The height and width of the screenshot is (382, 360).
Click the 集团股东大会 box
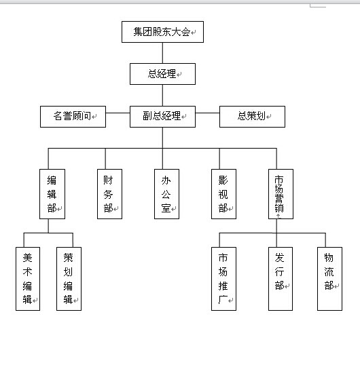[162, 32]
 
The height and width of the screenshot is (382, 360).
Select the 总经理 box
[162, 74]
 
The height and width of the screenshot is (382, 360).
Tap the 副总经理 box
[162, 117]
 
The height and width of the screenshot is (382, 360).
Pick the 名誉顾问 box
[73, 117]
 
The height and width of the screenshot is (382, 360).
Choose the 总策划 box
[252, 117]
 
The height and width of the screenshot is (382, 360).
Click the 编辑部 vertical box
[52, 194]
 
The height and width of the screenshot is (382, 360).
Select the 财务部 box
[109, 194]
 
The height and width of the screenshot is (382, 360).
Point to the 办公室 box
[166, 194]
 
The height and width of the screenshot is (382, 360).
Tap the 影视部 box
[223, 194]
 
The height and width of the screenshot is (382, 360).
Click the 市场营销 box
[281, 194]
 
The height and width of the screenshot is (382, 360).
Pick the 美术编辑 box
[28, 279]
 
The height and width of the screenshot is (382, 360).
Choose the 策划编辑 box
[69, 279]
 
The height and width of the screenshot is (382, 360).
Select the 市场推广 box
[223, 279]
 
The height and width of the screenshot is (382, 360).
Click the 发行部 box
[281, 279]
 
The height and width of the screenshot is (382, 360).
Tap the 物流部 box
[329, 279]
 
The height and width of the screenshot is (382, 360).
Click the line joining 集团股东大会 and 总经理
[163, 53]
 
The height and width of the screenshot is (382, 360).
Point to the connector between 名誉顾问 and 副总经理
[118, 113]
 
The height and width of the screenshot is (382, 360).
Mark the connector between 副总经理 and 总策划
[207, 113]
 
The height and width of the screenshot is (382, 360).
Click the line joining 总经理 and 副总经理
[163, 95]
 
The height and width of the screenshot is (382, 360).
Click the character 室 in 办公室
[166, 208]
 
